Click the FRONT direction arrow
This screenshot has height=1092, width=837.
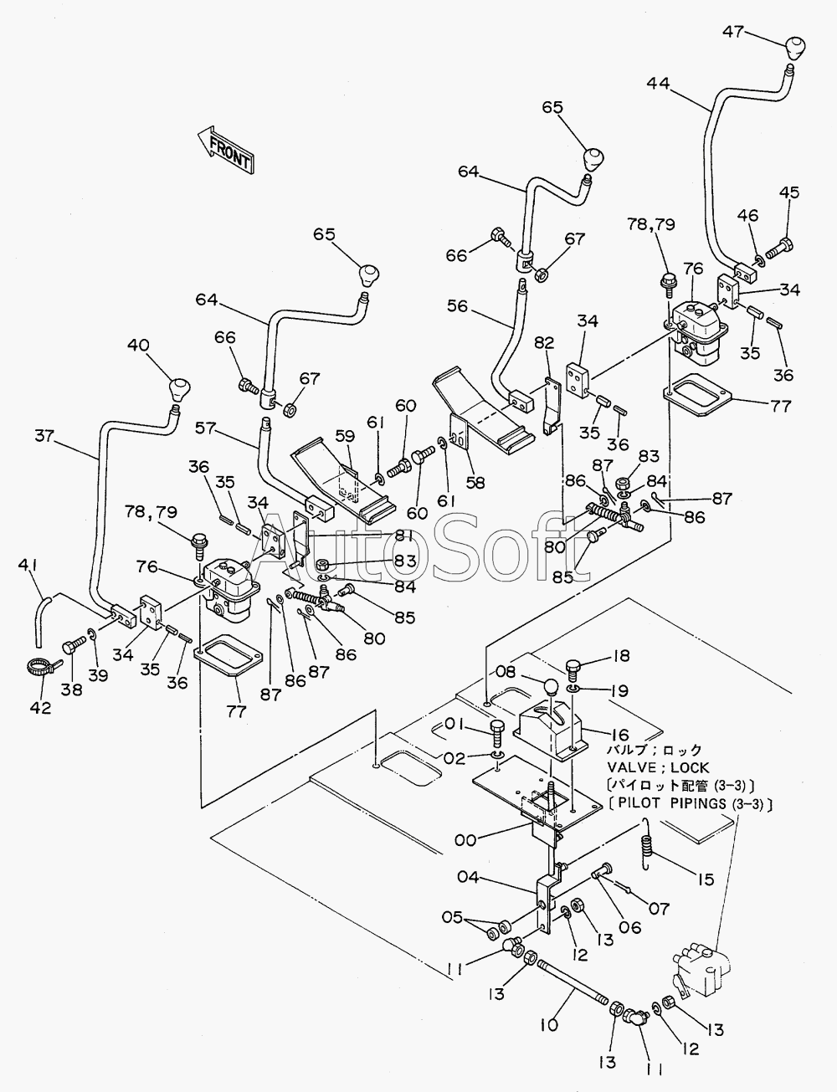[x=226, y=150]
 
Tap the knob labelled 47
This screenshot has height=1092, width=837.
[x=795, y=49]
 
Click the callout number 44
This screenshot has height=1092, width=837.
[x=658, y=83]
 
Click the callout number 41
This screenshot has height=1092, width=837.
[x=27, y=566]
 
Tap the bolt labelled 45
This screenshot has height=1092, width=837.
[x=779, y=247]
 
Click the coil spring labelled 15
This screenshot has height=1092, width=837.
[x=649, y=843]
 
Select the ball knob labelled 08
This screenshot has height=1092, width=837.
[x=551, y=687]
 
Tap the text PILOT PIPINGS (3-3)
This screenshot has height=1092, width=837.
[x=694, y=803]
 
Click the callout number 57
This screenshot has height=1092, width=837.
[x=206, y=428]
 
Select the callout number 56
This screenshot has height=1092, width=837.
[x=457, y=306]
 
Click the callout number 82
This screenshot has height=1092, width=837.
[x=544, y=343]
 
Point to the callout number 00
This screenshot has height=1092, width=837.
[x=465, y=840]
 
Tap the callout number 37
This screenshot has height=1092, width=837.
[x=44, y=435]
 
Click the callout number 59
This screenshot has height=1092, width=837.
[x=346, y=435]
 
